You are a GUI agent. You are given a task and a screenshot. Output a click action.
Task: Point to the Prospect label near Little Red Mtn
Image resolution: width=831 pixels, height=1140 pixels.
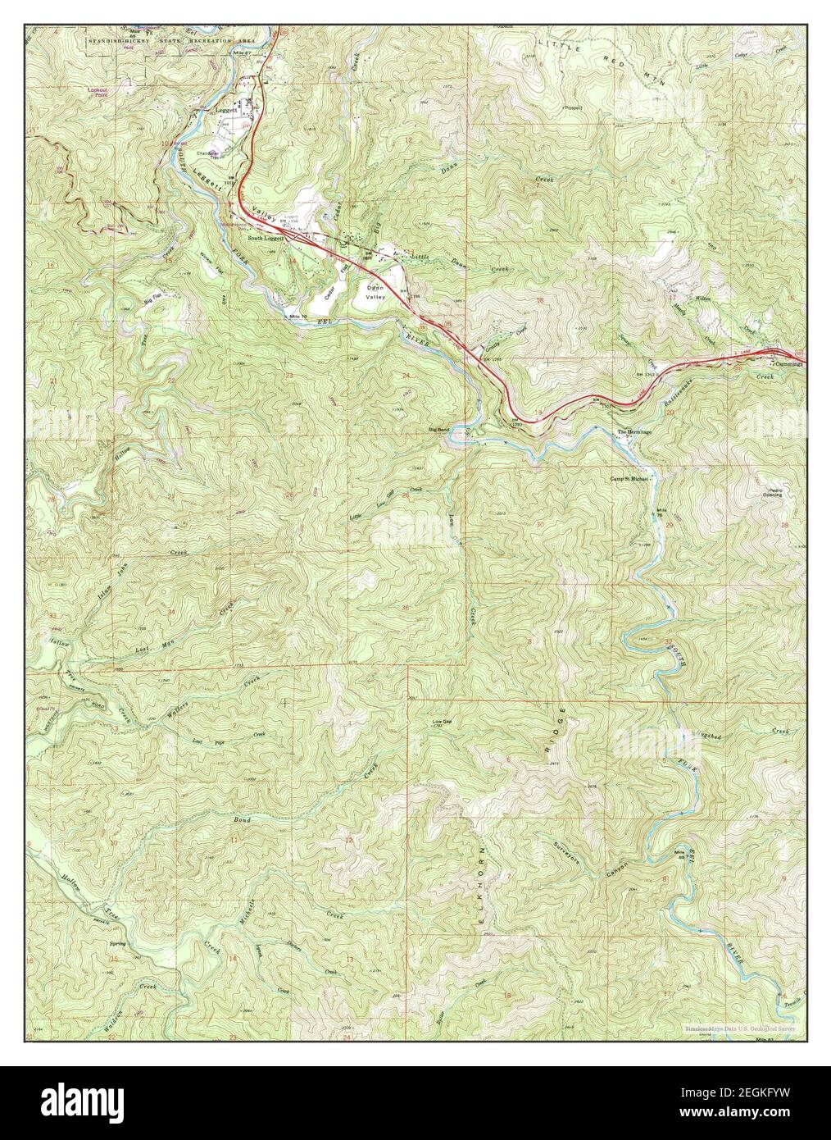[571, 107]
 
